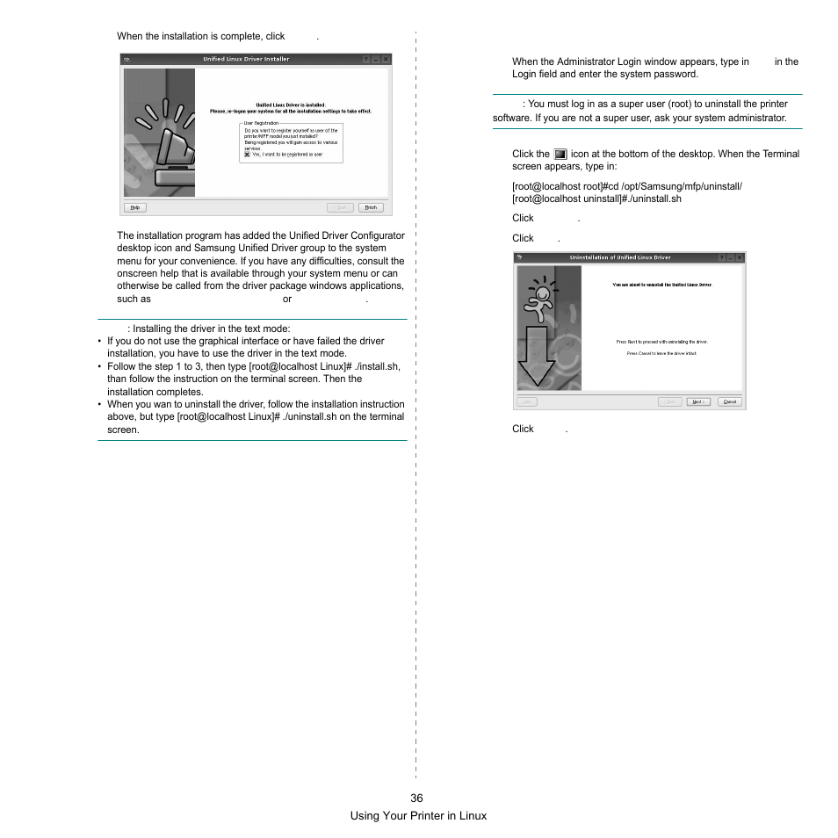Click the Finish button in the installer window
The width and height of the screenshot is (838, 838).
pos(371,207)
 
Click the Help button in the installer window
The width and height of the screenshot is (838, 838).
pos(134,207)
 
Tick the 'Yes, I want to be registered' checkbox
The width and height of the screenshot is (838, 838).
pos(247,155)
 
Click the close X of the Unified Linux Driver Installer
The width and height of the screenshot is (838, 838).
pos(386,60)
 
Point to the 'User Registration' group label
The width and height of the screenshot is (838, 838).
pos(260,124)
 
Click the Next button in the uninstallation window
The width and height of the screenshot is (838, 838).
pos(697,401)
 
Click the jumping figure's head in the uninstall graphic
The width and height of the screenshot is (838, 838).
pos(543,292)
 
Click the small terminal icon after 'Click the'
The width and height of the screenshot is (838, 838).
pos(560,154)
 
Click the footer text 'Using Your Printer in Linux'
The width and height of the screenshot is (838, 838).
pos(418,815)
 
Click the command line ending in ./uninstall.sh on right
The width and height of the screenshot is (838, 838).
pos(596,199)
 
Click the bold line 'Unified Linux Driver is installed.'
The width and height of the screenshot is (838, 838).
pos(290,105)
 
